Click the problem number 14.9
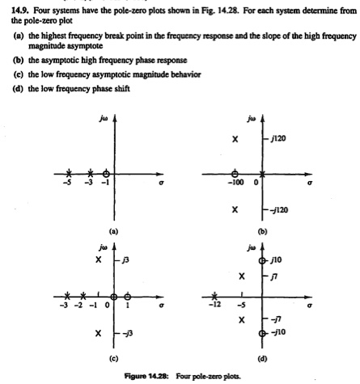[19, 7]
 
